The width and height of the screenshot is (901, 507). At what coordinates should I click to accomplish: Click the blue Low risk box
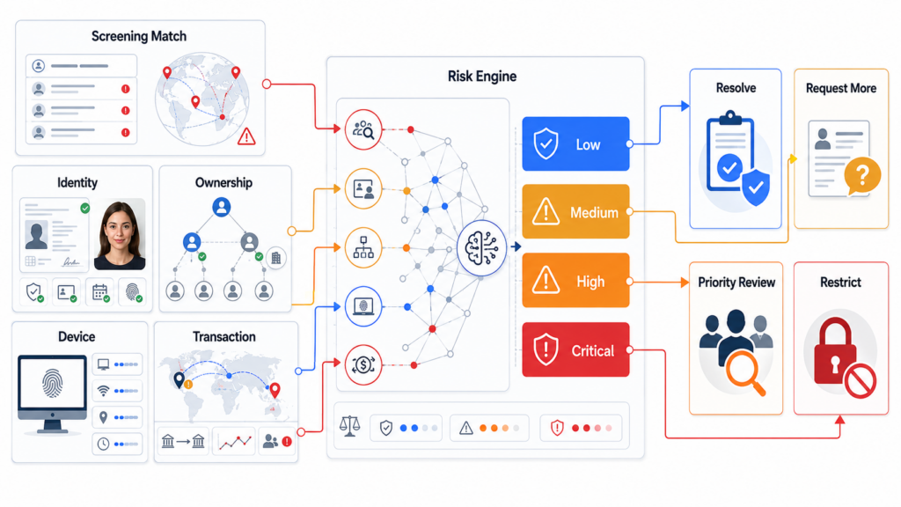(575, 143)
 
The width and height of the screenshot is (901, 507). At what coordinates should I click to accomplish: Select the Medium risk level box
(575, 211)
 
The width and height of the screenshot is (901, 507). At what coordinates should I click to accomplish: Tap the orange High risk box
(575, 281)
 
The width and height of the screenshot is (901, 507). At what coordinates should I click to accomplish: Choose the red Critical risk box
(575, 349)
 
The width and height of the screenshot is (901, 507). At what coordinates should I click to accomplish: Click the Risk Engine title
(482, 77)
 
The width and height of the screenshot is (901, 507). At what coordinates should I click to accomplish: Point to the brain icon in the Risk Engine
(481, 247)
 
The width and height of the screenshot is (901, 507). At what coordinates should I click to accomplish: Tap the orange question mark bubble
(862, 176)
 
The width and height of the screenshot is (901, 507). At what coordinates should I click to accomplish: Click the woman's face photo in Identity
(120, 234)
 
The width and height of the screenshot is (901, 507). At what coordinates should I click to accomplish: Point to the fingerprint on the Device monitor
(52, 384)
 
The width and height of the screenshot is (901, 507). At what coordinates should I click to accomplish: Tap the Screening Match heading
(139, 36)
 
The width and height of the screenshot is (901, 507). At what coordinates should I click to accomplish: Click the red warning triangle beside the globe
(246, 136)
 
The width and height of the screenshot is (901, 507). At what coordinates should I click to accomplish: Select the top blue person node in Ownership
(221, 207)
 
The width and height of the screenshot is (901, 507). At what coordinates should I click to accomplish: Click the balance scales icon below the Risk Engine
(350, 427)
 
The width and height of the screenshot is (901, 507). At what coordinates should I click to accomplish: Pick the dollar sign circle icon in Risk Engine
(363, 365)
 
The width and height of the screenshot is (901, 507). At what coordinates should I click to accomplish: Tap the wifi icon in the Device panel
(104, 391)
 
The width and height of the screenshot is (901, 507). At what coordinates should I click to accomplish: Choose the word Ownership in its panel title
(223, 183)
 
